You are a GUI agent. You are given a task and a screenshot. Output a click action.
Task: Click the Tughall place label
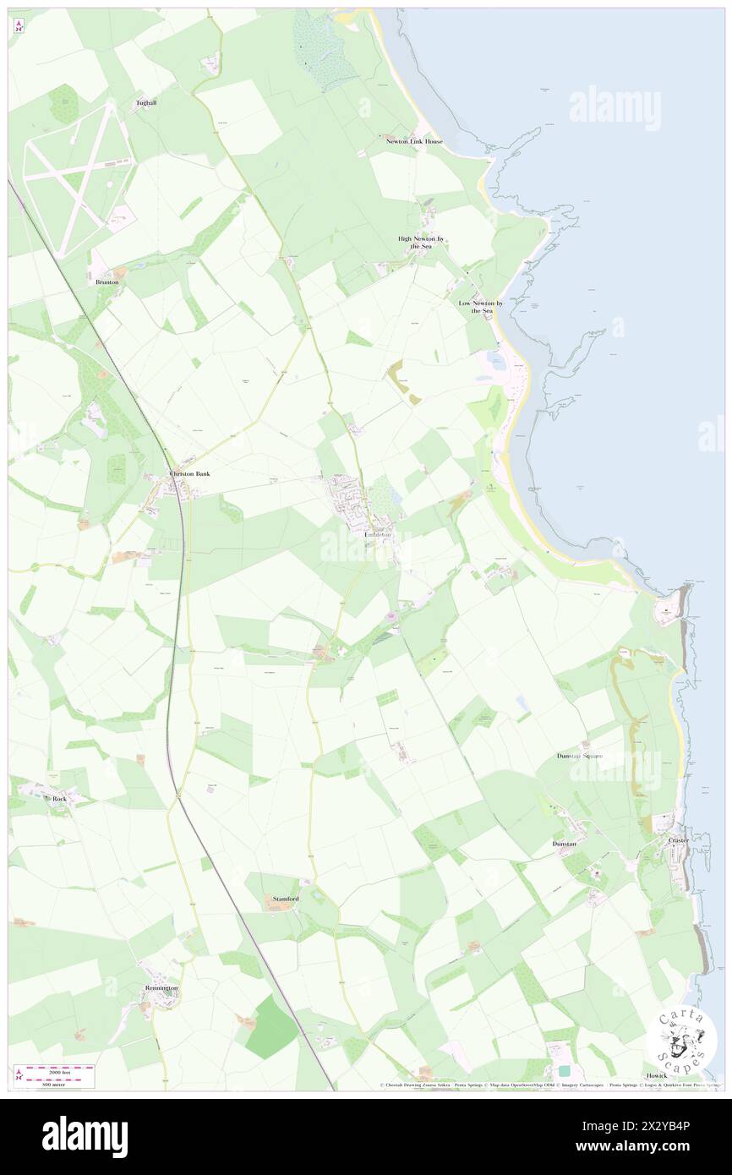coord(146,103)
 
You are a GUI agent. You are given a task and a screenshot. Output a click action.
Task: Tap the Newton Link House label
coord(414,141)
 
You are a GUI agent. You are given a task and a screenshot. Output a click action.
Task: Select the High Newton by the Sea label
coord(421,243)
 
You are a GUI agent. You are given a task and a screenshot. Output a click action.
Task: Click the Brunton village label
coord(107,281)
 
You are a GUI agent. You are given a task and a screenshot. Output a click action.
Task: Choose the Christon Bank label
coord(189,474)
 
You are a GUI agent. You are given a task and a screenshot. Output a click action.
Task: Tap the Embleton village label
coord(377,535)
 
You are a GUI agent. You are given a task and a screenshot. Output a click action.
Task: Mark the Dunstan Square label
coord(580,756)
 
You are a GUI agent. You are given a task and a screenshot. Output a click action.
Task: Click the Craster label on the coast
coord(678,840)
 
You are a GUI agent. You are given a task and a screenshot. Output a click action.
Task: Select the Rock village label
coord(59,798)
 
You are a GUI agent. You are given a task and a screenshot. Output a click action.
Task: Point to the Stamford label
coord(286,899)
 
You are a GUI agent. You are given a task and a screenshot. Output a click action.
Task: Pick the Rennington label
coord(161,987)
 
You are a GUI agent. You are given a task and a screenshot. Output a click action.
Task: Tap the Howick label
coord(657,1075)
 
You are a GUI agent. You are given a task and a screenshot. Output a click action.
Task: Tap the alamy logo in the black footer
coord(85,1136)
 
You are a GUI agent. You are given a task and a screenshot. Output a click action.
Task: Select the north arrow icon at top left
coord(19,26)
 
